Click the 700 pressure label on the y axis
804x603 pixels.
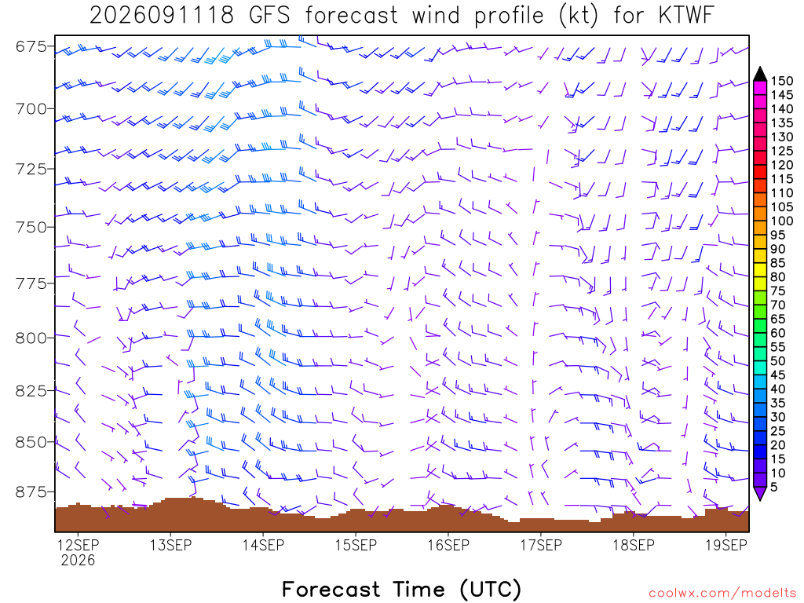click(x=31, y=108)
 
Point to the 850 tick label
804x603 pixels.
click(x=31, y=442)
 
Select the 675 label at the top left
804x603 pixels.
click(x=31, y=46)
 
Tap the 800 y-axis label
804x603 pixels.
click(x=31, y=338)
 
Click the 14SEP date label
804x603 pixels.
click(x=263, y=545)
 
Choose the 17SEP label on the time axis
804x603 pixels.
click(x=541, y=545)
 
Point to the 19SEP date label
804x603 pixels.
click(x=726, y=545)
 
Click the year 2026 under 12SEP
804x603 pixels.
click(x=78, y=560)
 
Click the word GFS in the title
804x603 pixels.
click(x=269, y=16)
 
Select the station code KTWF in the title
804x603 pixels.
click(x=686, y=16)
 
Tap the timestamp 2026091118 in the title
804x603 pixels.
click(x=162, y=16)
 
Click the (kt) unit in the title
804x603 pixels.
click(x=578, y=16)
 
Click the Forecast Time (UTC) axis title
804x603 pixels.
click(x=401, y=589)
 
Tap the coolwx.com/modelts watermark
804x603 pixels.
click(x=722, y=594)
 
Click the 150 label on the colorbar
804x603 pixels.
click(x=781, y=81)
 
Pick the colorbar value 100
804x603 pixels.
click(x=781, y=221)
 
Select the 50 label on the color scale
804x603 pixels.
click(x=777, y=361)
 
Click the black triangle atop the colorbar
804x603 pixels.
click(x=760, y=75)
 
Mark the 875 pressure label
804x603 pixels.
click(x=31, y=492)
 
